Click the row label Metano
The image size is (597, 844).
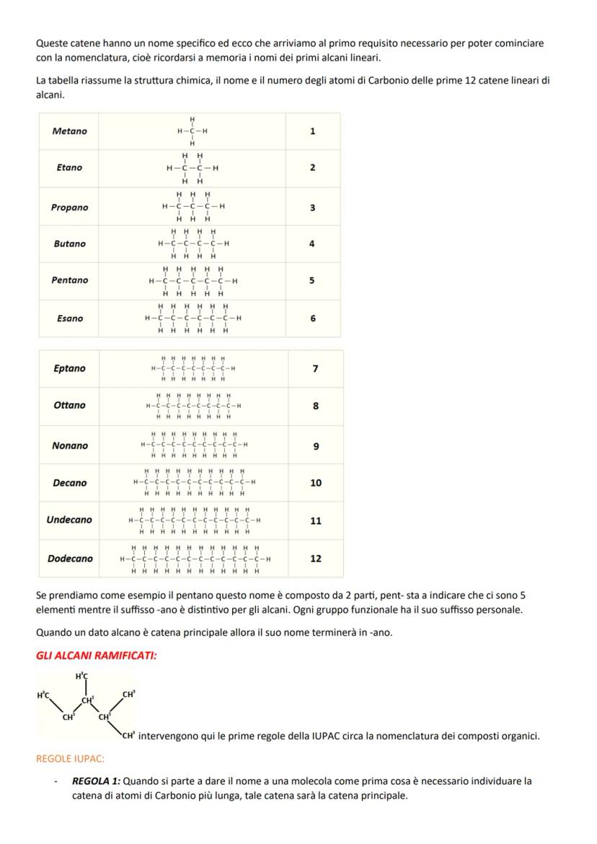69,131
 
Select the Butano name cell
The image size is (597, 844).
69,244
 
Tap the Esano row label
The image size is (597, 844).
69,318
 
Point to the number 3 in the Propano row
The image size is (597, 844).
312,208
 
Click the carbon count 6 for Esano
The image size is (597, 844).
312,318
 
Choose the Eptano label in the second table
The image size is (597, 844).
69,368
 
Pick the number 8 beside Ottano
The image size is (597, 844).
316,406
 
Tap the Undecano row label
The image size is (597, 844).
69,520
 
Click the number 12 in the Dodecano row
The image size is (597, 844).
316,559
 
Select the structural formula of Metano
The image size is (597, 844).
193,131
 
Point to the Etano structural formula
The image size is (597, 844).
193,168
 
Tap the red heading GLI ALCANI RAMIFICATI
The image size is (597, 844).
97,655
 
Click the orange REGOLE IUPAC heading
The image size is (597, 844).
70,759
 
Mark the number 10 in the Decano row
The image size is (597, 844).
316,483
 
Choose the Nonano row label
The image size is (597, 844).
69,445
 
